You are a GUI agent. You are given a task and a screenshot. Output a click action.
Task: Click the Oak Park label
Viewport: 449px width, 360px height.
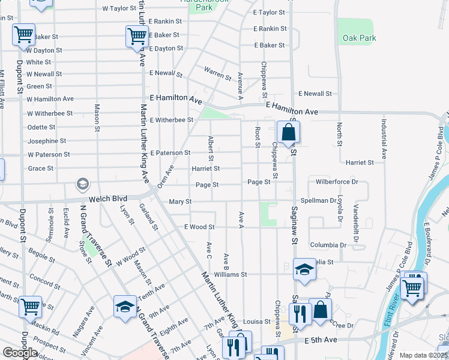[359, 38]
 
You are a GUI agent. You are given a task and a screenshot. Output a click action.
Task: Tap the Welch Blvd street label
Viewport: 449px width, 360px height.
[108, 199]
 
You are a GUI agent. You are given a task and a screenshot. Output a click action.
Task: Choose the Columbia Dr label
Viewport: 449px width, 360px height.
[328, 245]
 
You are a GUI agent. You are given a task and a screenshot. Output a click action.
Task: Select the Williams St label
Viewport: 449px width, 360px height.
[230, 274]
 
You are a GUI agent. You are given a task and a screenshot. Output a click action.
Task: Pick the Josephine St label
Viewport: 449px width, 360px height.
[47, 141]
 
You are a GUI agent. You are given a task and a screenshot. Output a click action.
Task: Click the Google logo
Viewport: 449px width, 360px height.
[20, 353]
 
